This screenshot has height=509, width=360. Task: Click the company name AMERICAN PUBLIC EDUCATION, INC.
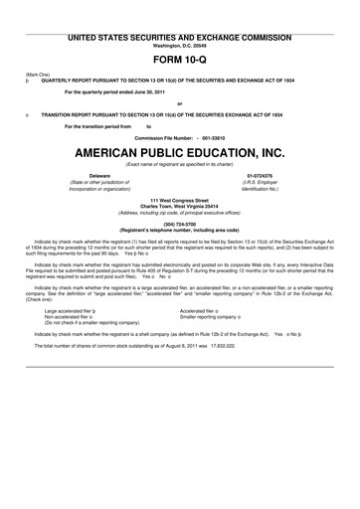179,153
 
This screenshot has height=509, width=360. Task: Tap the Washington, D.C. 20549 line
179,45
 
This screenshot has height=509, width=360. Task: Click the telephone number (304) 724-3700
179,224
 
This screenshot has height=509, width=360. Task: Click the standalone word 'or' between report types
179,103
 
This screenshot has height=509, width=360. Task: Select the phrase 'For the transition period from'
97,126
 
